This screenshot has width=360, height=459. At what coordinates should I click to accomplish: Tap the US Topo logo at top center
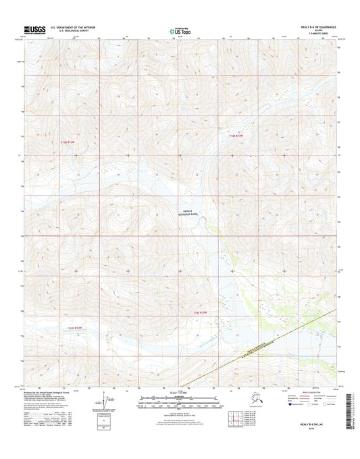point(180,30)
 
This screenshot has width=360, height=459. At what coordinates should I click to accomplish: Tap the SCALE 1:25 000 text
point(180,393)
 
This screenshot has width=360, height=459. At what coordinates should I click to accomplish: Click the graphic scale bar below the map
point(180,402)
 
